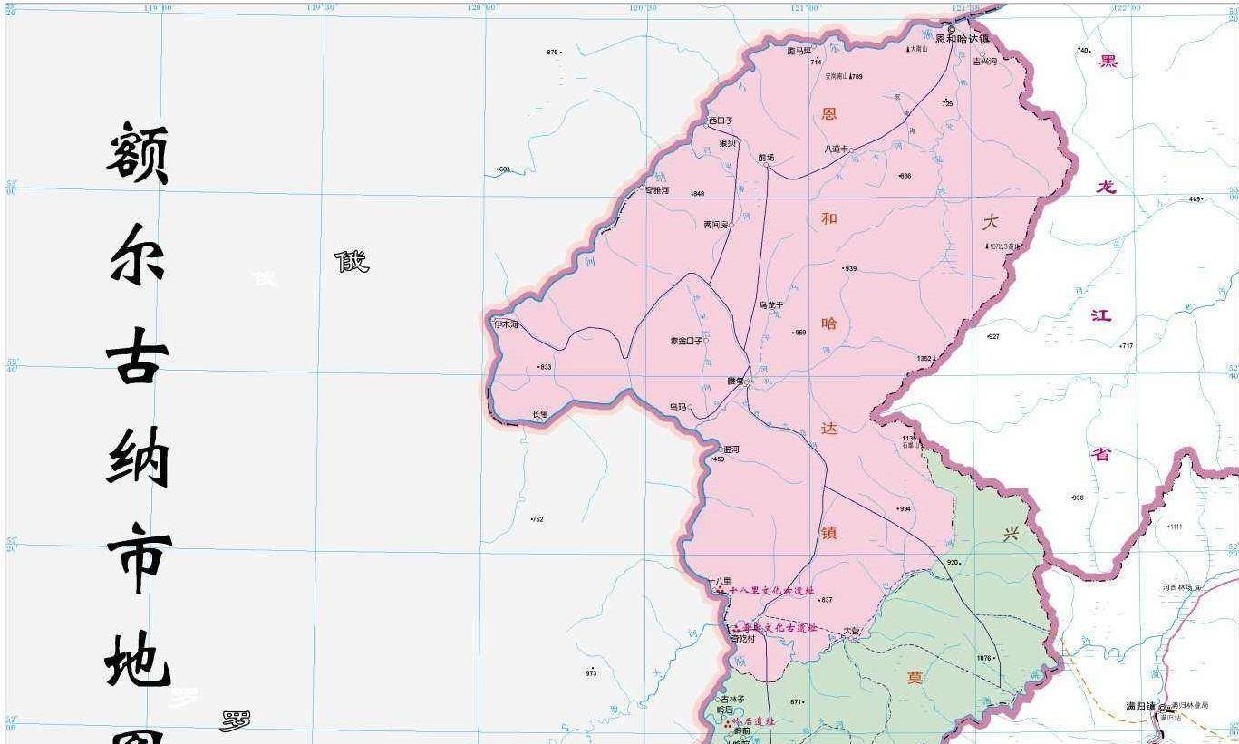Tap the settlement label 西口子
(721, 121)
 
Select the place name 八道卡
(835, 150)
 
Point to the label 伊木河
(505, 324)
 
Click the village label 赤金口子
(686, 341)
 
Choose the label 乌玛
(678, 408)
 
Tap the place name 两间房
(716, 225)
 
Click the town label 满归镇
(1140, 707)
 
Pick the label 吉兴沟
(984, 62)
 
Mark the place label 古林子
(732, 700)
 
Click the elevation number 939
(850, 269)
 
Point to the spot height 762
(537, 519)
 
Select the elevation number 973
(591, 673)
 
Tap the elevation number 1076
(984, 659)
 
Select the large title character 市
(139, 558)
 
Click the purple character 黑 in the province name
(1108, 62)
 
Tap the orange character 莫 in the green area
(915, 678)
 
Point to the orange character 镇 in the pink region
(828, 533)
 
